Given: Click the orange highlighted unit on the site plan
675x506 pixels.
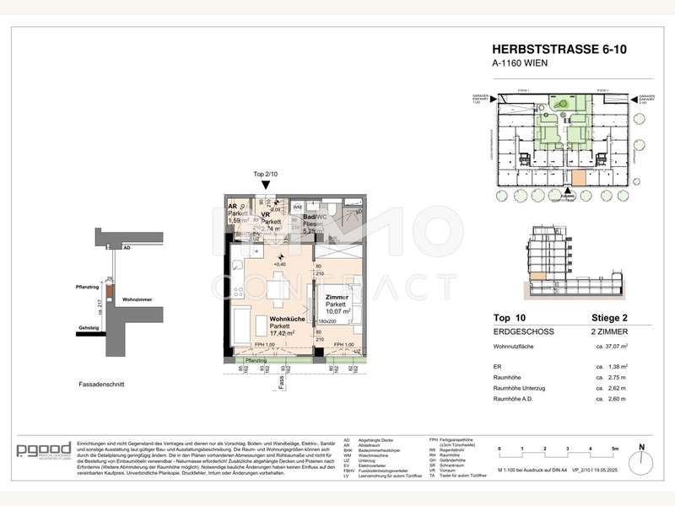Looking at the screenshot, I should click(579, 178).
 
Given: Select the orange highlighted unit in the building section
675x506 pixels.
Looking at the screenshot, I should click(537, 275).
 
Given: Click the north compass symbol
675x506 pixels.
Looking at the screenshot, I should click(641, 451).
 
